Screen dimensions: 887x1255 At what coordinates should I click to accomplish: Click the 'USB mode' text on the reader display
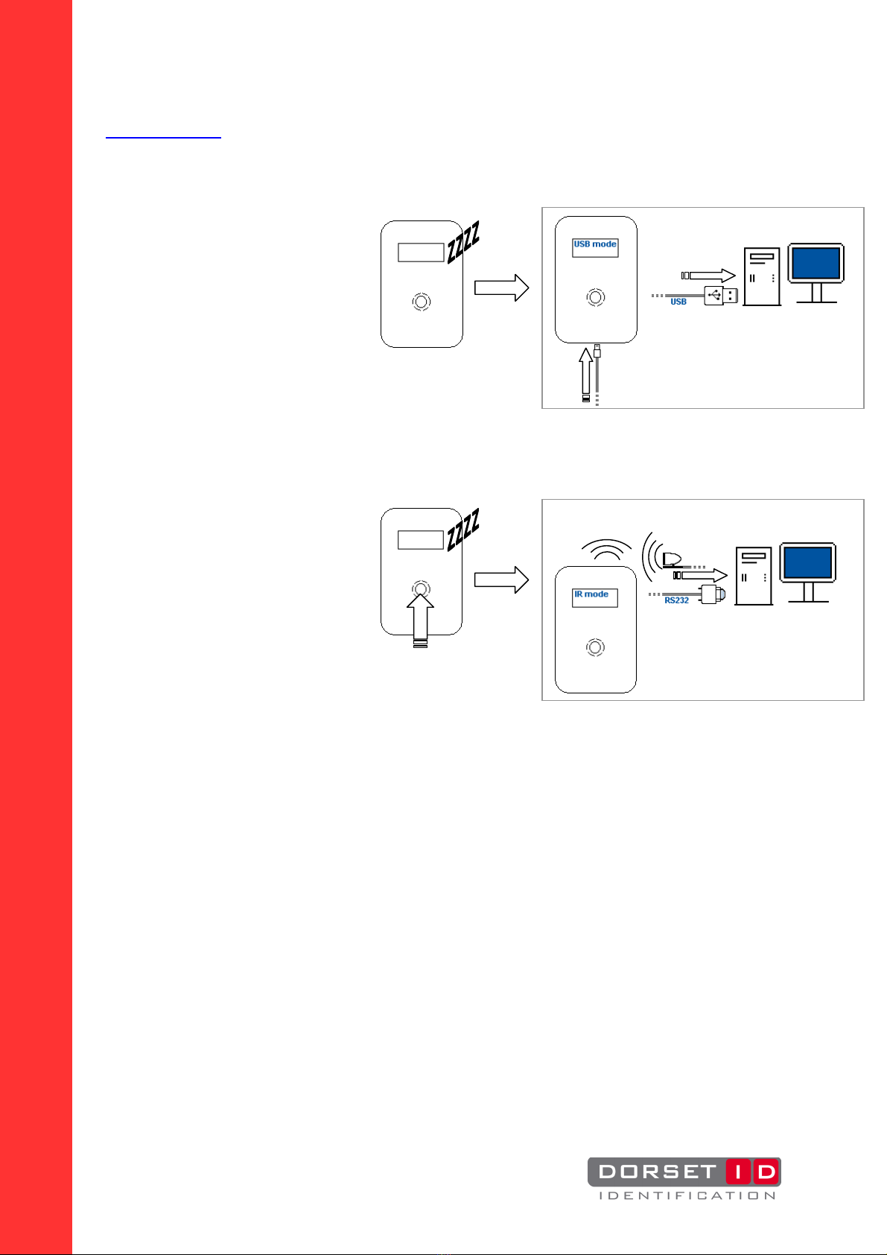tap(594, 244)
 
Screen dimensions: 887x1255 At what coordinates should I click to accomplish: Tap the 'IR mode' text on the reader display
tap(591, 594)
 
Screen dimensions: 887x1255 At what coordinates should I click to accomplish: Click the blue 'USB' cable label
tap(678, 302)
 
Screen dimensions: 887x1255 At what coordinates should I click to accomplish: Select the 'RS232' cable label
tap(676, 600)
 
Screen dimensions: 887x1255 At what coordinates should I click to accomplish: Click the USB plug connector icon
tap(721, 295)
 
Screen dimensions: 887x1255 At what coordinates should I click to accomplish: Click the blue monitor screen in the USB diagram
tap(816, 263)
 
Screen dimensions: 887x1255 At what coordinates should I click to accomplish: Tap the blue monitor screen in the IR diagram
tap(807, 562)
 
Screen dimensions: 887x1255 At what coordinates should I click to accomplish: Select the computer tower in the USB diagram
tap(761, 276)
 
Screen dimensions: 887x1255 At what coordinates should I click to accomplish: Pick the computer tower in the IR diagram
tap(754, 576)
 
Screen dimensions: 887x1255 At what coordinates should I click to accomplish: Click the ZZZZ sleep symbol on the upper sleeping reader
tap(463, 242)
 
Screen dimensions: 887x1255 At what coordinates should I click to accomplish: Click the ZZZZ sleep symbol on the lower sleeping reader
tap(463, 530)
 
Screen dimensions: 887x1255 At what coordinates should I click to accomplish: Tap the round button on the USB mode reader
tap(596, 297)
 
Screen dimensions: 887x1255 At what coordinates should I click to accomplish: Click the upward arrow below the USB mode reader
tap(585, 374)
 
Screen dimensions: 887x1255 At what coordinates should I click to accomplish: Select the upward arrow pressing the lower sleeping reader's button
tap(420, 620)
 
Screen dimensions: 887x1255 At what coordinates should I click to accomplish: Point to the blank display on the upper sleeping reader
tap(421, 252)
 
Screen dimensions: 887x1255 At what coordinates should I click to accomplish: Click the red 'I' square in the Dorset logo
tap(739, 1172)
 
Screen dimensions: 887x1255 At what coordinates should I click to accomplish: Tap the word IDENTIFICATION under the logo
tap(687, 1195)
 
